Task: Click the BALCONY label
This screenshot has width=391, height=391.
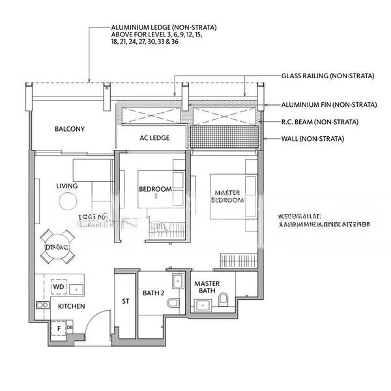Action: coord(70,129)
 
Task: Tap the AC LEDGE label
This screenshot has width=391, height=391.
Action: coord(154,138)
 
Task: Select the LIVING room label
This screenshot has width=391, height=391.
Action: coord(67,186)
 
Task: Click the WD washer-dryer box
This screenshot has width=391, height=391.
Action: coord(58,287)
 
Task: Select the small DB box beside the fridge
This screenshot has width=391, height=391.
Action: coord(69,327)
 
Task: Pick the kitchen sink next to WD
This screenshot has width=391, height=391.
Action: coord(78,287)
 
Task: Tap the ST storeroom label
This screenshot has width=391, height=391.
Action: coord(126,302)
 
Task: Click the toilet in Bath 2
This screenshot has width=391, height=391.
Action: coord(173,304)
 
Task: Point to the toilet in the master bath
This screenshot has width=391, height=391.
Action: coord(224,298)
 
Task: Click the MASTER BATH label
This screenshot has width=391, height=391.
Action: coord(207,287)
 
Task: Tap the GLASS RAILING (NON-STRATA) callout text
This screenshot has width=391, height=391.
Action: coord(328,76)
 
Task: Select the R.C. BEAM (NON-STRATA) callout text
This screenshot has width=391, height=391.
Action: coord(320,122)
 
